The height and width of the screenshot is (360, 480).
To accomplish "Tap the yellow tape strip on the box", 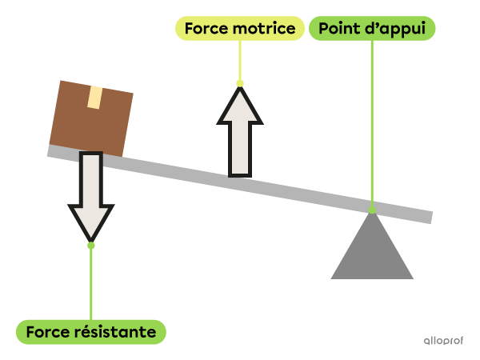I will pyautogui.click(x=94, y=98).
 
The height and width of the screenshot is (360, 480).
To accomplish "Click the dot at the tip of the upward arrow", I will pyautogui.click(x=240, y=82).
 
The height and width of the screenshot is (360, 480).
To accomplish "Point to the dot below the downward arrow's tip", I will pyautogui.click(x=90, y=246).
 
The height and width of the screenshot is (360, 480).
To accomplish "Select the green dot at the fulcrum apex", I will pyautogui.click(x=372, y=210).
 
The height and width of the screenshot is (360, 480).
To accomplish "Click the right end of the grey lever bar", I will pyautogui.click(x=427, y=218).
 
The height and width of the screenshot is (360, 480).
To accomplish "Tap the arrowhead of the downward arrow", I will pyautogui.click(x=90, y=219).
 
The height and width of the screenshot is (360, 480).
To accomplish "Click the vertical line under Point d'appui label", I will pyautogui.click(x=372, y=120).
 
